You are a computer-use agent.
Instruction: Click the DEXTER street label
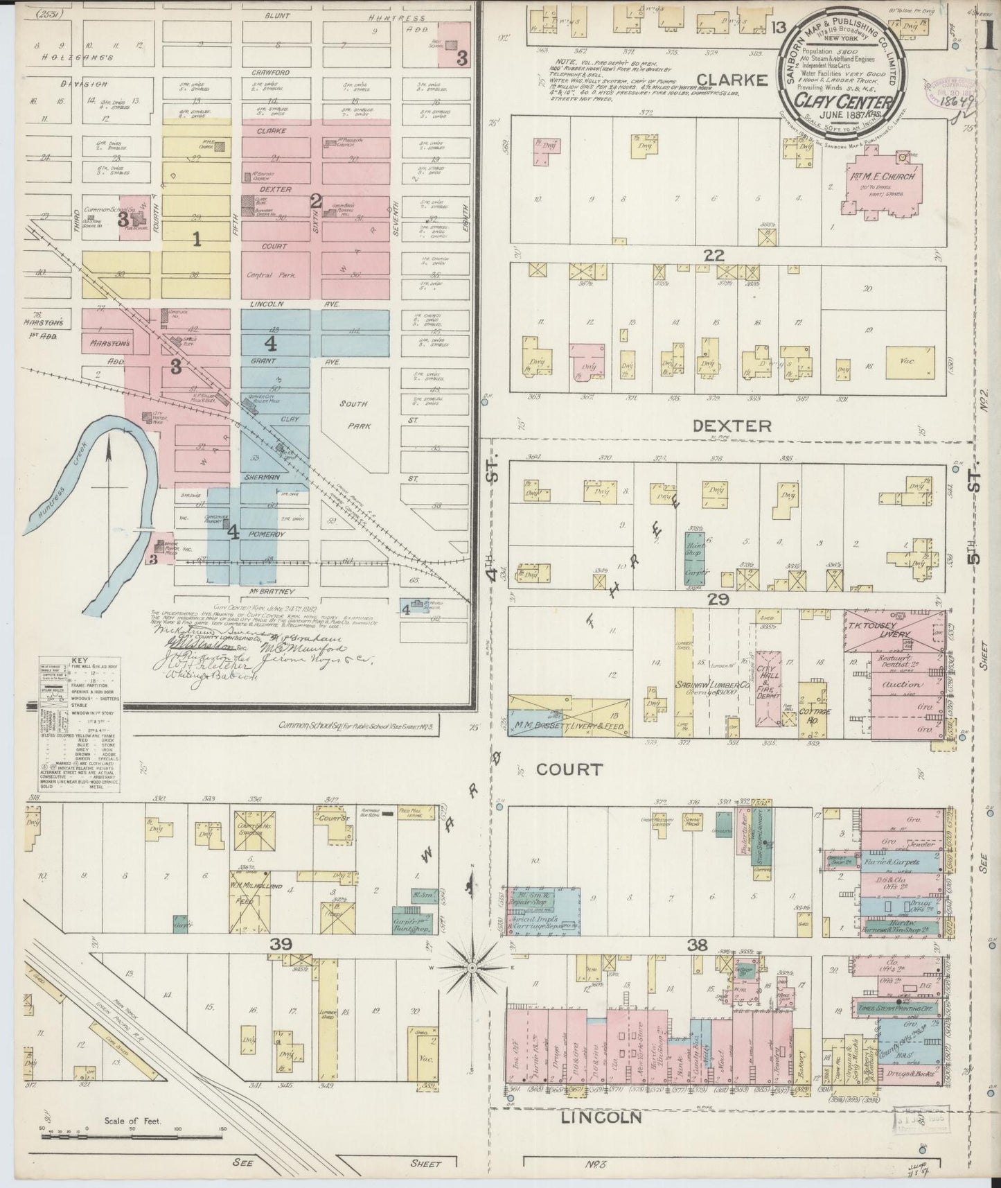tap(732, 426)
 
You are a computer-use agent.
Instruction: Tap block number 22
tap(714, 256)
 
